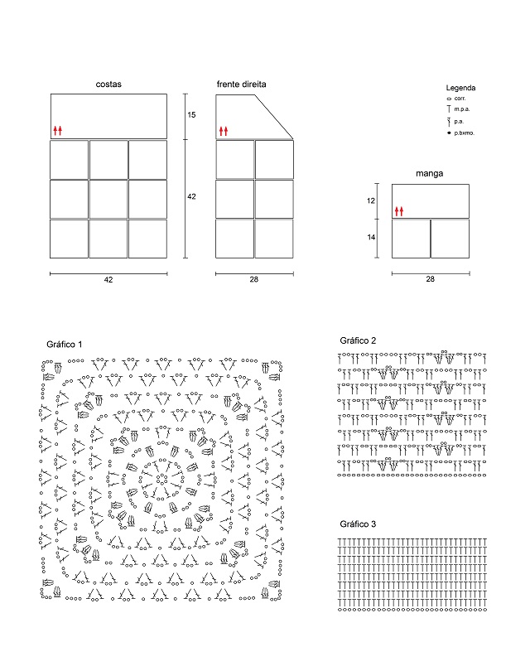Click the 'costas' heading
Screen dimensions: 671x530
(108, 84)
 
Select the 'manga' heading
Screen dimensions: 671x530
(430, 174)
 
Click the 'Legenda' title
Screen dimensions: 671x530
(460, 88)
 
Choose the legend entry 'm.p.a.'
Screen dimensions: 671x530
(462, 109)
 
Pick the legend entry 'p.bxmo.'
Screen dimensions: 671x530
(464, 133)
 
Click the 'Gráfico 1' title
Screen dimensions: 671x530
(65, 344)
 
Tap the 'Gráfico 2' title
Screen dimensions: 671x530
(358, 340)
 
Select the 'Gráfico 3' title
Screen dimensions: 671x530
(358, 524)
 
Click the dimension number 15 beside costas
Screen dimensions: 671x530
(192, 115)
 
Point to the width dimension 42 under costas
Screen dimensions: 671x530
(108, 280)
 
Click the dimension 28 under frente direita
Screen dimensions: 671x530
(254, 280)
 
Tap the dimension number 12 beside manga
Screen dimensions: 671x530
(371, 200)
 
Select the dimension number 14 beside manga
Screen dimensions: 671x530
(371, 238)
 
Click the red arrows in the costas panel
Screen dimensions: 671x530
(57, 130)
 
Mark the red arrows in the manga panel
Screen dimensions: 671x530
(398, 211)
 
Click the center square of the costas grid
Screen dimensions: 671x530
(108, 199)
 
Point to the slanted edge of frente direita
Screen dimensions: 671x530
(273, 116)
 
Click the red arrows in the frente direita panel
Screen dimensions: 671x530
(223, 130)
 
